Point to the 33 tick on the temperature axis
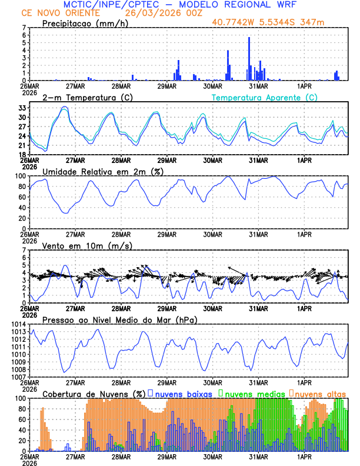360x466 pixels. point(21,108)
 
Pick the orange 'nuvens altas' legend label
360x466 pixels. point(321,393)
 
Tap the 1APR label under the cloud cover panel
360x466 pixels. point(304,456)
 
